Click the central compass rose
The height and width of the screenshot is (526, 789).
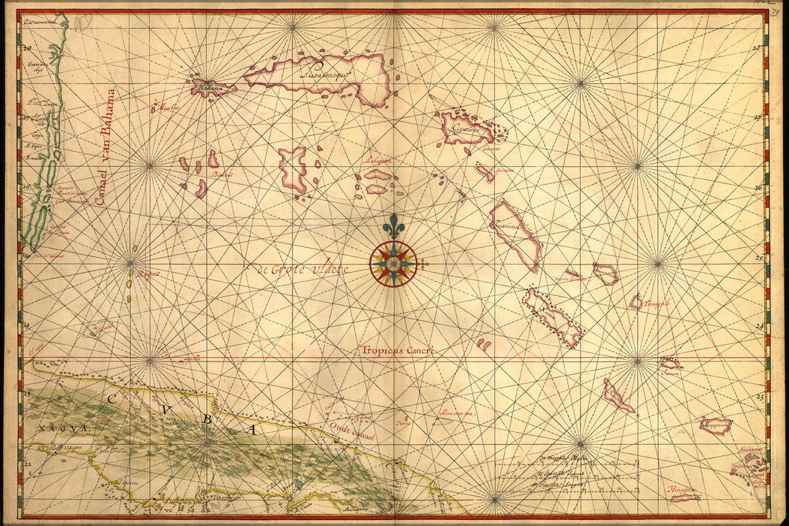click(393, 263)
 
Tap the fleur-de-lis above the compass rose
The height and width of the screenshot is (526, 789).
click(392, 225)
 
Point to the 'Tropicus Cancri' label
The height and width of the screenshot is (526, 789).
click(397, 350)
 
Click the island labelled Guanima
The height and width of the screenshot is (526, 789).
click(515, 234)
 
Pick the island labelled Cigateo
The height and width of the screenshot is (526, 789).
click(466, 128)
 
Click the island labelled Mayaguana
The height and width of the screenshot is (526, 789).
click(715, 426)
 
